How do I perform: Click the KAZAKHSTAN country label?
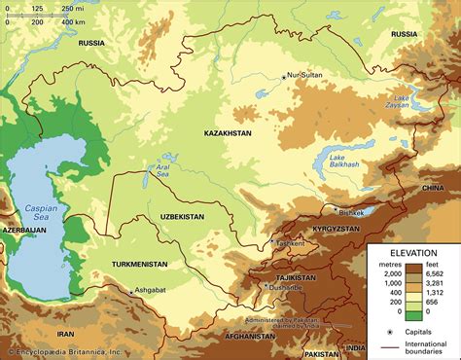(229, 130)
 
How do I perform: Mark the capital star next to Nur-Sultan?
(284, 77)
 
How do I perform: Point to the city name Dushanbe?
(287, 288)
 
